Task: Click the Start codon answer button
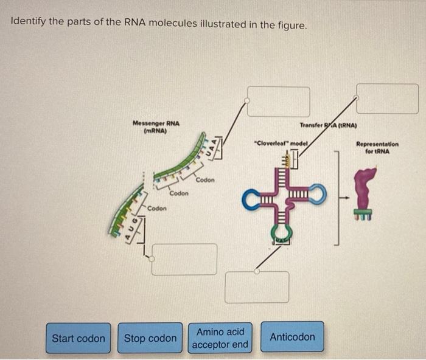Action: [78, 338]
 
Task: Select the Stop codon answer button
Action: [150, 338]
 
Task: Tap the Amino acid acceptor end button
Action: [221, 338]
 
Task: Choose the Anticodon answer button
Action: [292, 337]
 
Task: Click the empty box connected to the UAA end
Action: [279, 102]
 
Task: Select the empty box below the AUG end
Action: [184, 259]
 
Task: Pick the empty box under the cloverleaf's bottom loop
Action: [257, 287]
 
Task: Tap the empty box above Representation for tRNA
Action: [388, 99]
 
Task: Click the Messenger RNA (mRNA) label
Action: [156, 126]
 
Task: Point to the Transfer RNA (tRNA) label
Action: [328, 126]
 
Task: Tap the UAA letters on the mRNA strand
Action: [210, 147]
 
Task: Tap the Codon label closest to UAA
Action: [204, 180]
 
